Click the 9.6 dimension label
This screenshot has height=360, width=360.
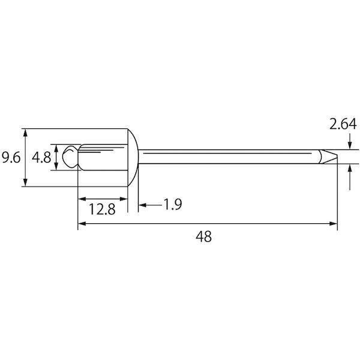[x=11, y=158]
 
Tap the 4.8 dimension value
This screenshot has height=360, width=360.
[x=41, y=158]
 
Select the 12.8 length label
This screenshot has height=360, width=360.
[x=102, y=209]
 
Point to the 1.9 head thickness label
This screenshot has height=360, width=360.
[x=173, y=205]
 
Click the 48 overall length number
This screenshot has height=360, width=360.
[x=203, y=236]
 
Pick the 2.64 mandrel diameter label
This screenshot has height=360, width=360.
[x=343, y=124]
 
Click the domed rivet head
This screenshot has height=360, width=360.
[x=133, y=157]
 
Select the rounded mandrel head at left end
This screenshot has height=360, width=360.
[x=70, y=157]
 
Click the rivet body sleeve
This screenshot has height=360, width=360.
[x=103, y=157]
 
